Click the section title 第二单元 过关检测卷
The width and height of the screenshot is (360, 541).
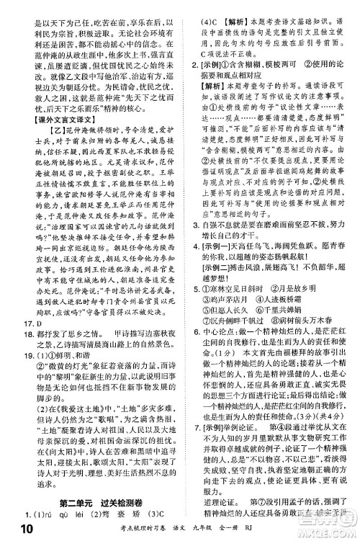108,501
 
